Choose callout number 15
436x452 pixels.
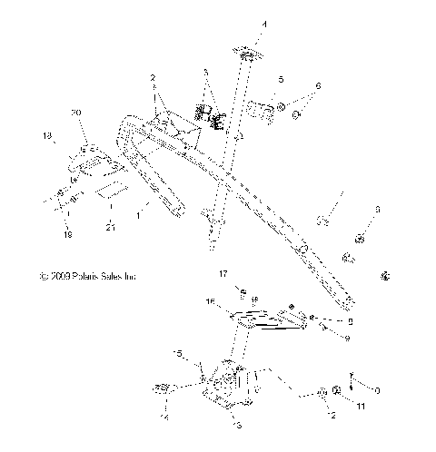pos(179,352)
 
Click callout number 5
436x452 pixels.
pos(281,81)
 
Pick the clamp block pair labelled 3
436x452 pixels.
pos(211,115)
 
